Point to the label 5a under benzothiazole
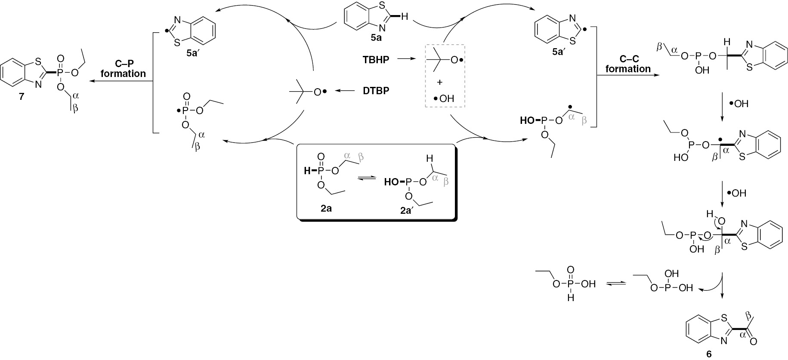[x=375, y=38]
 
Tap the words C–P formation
[x=124, y=68]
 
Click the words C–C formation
[x=628, y=64]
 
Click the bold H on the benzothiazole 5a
[x=404, y=17]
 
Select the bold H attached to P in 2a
[x=306, y=171]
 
